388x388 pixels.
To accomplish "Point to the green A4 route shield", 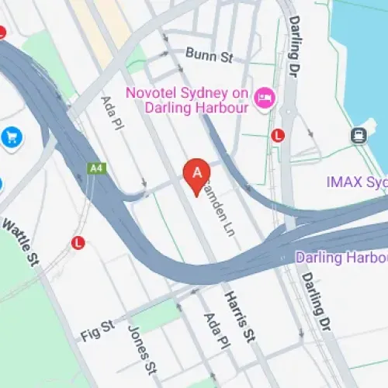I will point(96,168).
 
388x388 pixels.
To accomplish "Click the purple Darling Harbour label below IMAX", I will point(342,257).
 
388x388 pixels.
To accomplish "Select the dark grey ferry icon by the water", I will point(359,136).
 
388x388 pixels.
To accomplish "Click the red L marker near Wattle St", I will point(78,243).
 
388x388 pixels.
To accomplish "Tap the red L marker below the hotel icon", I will point(278,135).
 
